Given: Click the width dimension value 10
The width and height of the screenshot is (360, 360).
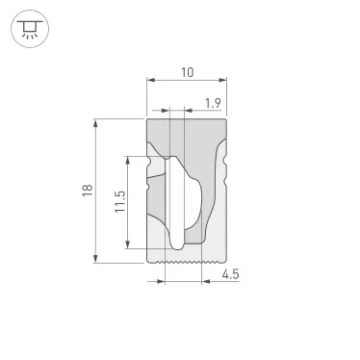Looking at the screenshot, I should coord(187,72).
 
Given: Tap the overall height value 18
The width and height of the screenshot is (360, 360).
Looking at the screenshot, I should coord(86,191).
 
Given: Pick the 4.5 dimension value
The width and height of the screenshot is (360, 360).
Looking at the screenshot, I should coord(230,275).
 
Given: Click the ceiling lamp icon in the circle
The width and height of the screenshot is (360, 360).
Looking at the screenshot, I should coord(30,26).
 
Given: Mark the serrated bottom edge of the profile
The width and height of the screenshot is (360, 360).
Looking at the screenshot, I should coord(186,260).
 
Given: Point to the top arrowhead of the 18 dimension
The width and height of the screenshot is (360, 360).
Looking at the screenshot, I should coord(96,122).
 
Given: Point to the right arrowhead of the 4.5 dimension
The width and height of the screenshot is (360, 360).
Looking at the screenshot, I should coord(205,282).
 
